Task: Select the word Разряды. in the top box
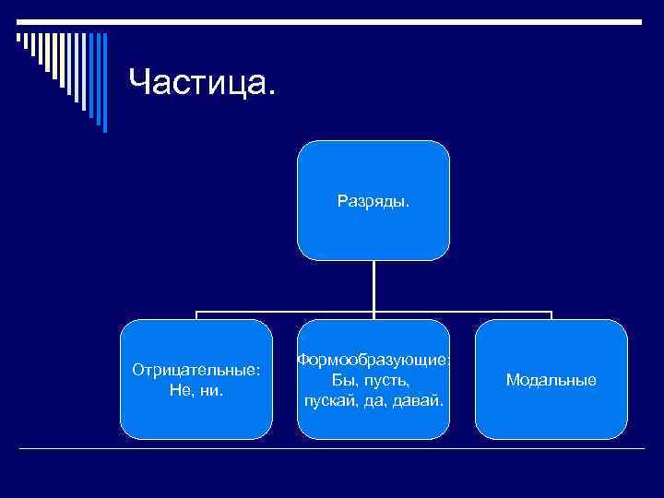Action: point(373,198)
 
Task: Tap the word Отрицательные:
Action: point(196,370)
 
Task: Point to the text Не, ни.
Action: point(196,389)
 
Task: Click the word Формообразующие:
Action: point(373,361)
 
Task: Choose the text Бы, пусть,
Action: point(373,380)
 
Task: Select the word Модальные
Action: point(551,379)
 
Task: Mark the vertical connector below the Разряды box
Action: point(373,286)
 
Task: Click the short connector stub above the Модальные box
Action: point(551,315)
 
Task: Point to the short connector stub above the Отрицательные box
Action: point(196,315)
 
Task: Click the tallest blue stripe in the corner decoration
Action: point(104,83)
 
